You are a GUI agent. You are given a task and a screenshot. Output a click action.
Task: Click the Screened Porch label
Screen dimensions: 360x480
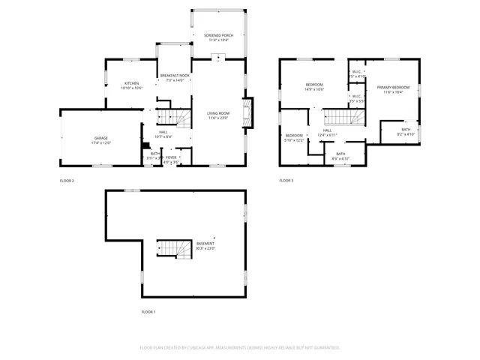(x=218, y=36)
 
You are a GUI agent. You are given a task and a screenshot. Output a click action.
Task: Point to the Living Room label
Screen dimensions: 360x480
(x=218, y=115)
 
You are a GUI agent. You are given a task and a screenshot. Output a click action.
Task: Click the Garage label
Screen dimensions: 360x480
(x=100, y=140)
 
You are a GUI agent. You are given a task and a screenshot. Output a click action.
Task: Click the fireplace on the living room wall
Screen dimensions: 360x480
(x=250, y=114)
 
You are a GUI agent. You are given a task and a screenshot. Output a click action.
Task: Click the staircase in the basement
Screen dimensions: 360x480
(x=169, y=249)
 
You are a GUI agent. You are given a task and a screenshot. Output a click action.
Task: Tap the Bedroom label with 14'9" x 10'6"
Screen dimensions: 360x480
(x=313, y=86)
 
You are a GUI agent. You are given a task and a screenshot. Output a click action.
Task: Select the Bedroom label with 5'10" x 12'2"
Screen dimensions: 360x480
(x=293, y=137)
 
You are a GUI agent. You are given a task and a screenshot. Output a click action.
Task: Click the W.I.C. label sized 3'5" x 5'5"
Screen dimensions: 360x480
(x=357, y=97)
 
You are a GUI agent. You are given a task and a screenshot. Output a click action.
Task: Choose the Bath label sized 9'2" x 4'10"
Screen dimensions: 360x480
(x=406, y=132)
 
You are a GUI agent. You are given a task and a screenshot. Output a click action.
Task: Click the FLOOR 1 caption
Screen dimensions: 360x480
(x=148, y=311)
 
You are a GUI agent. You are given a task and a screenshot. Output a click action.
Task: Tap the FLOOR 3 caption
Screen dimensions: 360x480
(x=286, y=181)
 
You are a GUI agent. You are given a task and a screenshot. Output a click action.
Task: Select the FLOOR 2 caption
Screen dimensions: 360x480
(x=67, y=181)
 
